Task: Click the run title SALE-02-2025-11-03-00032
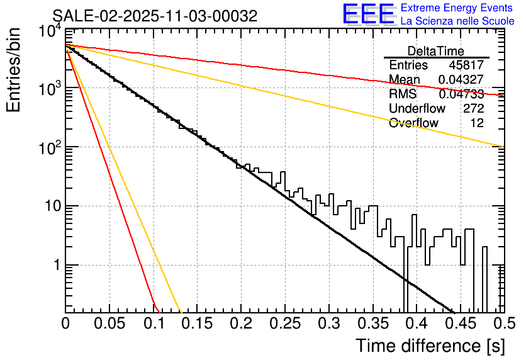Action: [155, 16]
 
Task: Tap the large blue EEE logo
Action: [368, 14]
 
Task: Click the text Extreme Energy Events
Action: [457, 8]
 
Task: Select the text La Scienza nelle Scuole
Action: [457, 21]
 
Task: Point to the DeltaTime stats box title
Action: [436, 51]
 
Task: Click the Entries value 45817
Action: [466, 65]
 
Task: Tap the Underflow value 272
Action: [473, 109]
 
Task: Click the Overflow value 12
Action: [477, 123]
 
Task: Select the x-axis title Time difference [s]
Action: [430, 346]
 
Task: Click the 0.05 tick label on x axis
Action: [109, 325]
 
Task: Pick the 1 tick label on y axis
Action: [54, 266]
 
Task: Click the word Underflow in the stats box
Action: [417, 109]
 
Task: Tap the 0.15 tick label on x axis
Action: [197, 325]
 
